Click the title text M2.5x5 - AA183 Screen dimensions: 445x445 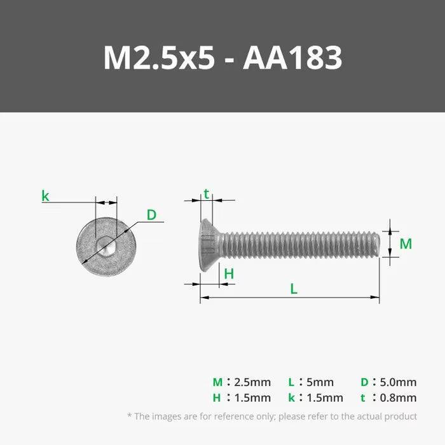click(222, 58)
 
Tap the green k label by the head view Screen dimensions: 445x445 click(45, 196)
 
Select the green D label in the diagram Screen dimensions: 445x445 click(151, 215)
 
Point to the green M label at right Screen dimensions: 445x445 click(406, 243)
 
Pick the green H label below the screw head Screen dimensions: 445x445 click(229, 274)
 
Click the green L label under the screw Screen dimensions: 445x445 click(294, 289)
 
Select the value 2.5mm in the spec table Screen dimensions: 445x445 click(252, 382)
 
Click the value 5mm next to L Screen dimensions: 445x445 click(319, 382)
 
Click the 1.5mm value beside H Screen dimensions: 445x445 click(252, 398)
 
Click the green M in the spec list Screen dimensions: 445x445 click(217, 382)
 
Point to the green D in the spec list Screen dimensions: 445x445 click(364, 382)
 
